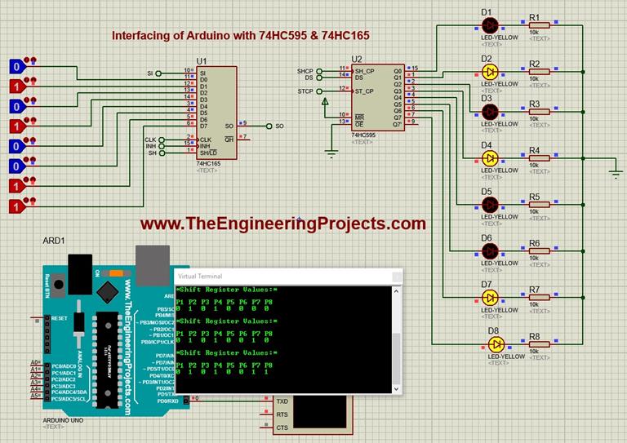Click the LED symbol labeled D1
point(489,24)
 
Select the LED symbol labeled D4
point(489,158)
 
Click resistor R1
point(538,25)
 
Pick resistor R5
point(538,206)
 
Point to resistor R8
point(538,344)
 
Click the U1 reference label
point(202,62)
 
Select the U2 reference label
point(356,60)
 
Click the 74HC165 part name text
point(208,163)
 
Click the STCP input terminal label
point(305,91)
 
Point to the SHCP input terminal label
point(305,72)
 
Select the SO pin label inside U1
point(228,126)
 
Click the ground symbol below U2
point(331,151)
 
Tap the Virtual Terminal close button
point(397,277)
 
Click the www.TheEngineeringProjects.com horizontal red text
point(282,224)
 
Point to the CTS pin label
point(282,427)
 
